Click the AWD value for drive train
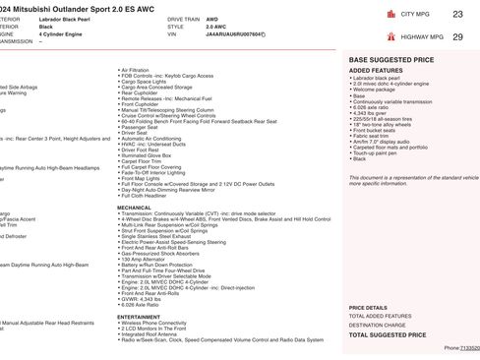[212, 19]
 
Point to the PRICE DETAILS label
[368, 307]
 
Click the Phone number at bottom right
[461, 347]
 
